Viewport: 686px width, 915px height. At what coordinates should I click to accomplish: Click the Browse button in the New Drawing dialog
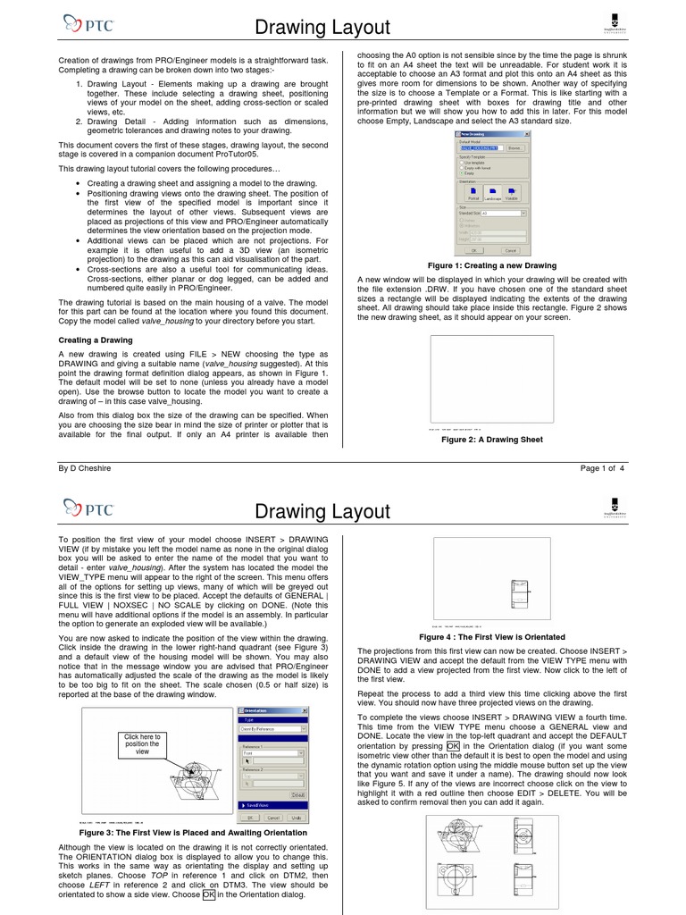[515, 147]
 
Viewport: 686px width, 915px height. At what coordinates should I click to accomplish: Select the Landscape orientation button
[492, 192]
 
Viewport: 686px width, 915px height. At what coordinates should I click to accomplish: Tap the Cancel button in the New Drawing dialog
[510, 251]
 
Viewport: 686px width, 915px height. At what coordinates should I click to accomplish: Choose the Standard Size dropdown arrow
[523, 214]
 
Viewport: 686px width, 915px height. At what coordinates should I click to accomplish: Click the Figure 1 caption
[492, 266]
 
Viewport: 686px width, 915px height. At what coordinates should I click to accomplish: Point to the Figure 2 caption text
[492, 440]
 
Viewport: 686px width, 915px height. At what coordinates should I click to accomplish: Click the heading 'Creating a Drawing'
[96, 340]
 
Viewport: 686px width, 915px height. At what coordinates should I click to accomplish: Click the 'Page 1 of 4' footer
[601, 468]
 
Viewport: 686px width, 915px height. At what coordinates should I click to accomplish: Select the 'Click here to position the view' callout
[142, 744]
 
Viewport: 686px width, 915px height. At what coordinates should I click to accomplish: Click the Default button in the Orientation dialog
[297, 794]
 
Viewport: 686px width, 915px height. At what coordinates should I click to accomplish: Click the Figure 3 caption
[193, 832]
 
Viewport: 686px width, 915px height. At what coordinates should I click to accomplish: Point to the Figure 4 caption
[492, 637]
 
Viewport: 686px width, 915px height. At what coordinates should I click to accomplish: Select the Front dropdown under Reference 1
[272, 753]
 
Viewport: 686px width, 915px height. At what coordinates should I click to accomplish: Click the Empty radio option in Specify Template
[462, 172]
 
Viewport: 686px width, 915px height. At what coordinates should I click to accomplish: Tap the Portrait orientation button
[473, 192]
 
